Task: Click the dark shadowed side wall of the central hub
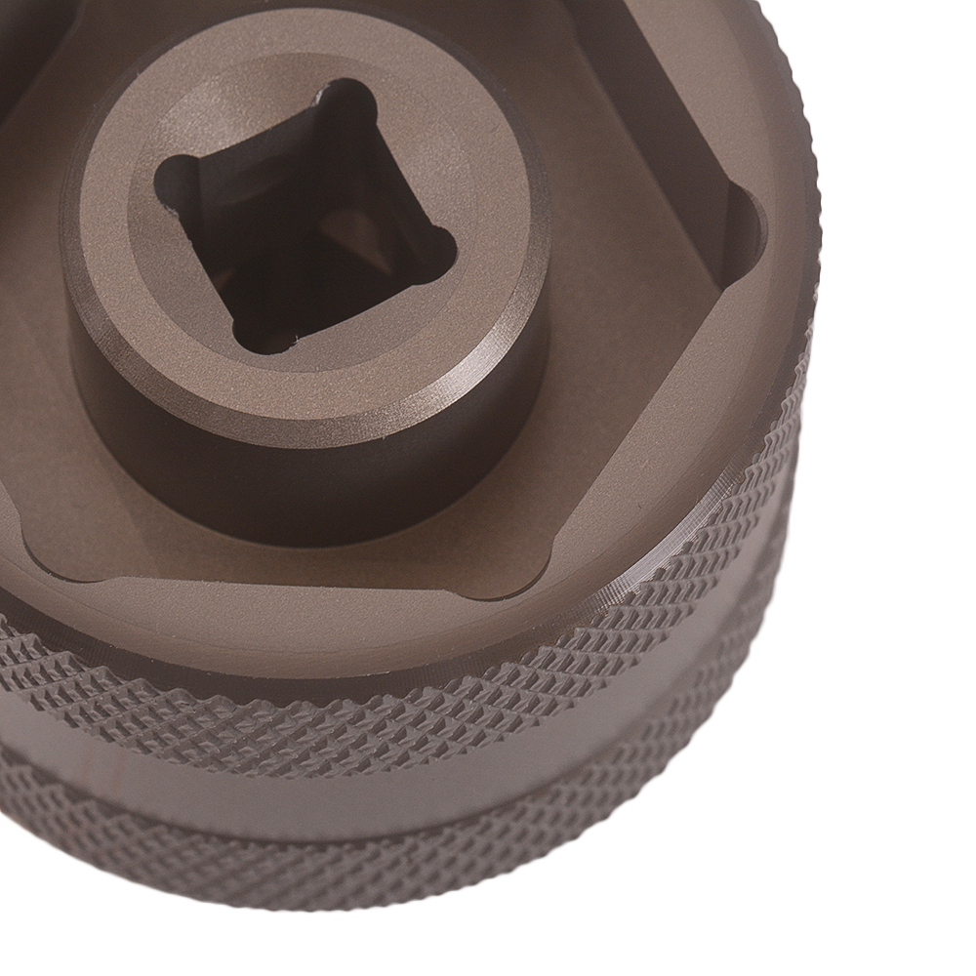point(322,478)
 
